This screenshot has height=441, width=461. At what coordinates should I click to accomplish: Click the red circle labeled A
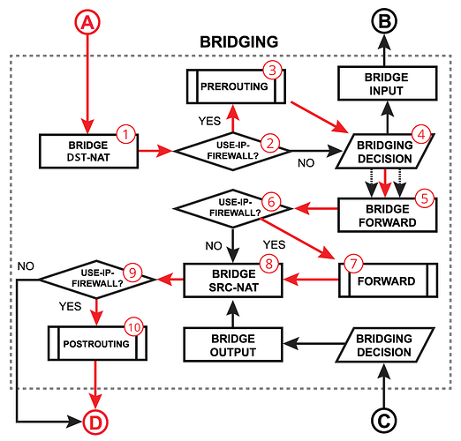pyautogui.click(x=87, y=22)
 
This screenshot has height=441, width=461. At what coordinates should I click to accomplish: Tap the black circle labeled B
pyautogui.click(x=384, y=21)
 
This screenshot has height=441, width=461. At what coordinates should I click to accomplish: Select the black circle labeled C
pyautogui.click(x=384, y=421)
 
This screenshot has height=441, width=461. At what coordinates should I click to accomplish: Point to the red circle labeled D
pyautogui.click(x=95, y=422)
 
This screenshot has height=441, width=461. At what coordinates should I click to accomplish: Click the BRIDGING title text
pyautogui.click(x=239, y=41)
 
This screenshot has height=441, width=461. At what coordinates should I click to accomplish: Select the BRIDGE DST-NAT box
pyautogui.click(x=88, y=152)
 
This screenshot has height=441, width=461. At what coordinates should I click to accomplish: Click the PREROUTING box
pyautogui.click(x=236, y=86)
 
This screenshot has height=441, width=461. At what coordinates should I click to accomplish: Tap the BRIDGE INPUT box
pyautogui.click(x=387, y=84)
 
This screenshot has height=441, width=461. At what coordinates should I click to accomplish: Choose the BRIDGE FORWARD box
pyautogui.click(x=388, y=215)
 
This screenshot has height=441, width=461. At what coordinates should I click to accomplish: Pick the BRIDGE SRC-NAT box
pyautogui.click(x=233, y=280)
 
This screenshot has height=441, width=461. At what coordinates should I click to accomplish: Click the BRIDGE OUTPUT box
pyautogui.click(x=233, y=345)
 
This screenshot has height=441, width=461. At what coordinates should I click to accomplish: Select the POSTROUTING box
pyautogui.click(x=97, y=343)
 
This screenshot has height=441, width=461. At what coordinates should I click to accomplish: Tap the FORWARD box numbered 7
pyautogui.click(x=389, y=280)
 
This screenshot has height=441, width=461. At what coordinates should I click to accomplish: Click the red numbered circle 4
pyautogui.click(x=421, y=134)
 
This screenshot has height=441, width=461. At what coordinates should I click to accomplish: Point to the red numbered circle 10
pyautogui.click(x=134, y=327)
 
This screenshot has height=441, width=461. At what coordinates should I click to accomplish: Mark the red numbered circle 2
pyautogui.click(x=270, y=143)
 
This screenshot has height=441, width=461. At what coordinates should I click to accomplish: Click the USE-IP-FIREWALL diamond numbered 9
pyautogui.click(x=97, y=280)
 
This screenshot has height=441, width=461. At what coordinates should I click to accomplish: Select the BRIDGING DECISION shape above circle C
pyautogui.click(x=385, y=345)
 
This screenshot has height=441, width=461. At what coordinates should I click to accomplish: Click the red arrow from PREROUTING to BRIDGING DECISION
pyautogui.click(x=319, y=117)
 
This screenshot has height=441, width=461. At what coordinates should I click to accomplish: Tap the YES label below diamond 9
pyautogui.click(x=70, y=306)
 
